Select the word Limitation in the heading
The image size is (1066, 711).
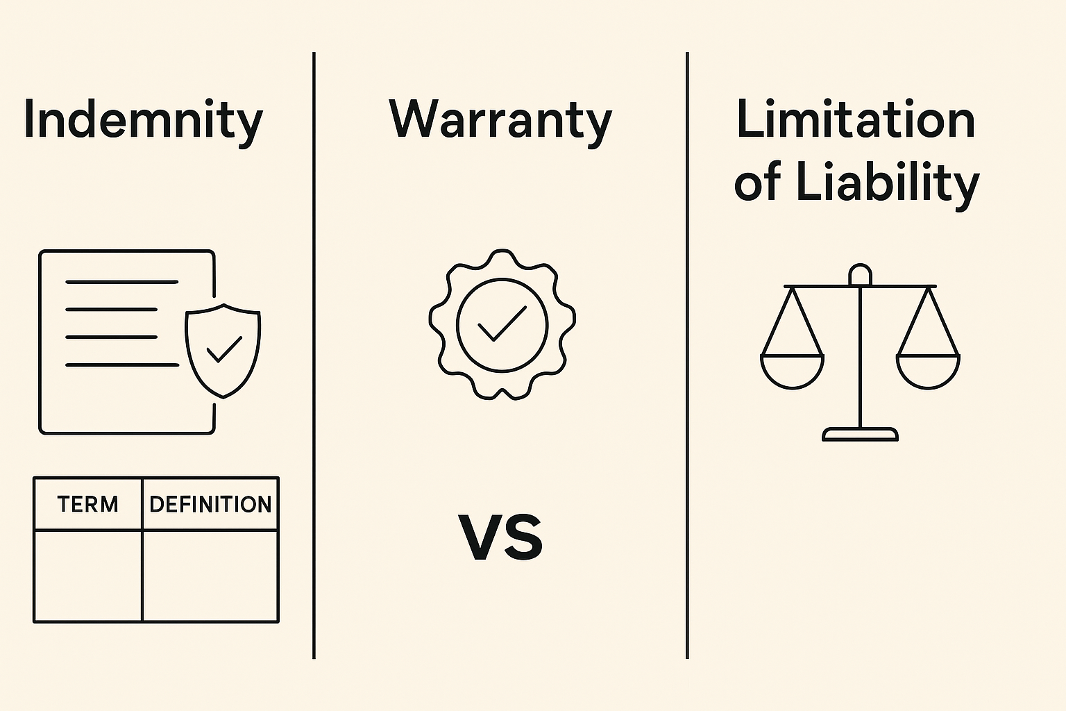coord(856,119)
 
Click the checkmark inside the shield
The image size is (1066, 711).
coord(224,349)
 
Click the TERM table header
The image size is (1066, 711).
coord(88,504)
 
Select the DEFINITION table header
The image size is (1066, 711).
coord(210,504)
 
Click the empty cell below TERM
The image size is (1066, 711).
coord(89,576)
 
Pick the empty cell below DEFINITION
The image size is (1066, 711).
coord(210,576)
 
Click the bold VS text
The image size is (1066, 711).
coord(500,537)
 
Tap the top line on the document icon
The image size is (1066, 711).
coord(122,282)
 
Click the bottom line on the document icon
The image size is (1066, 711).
coord(122,365)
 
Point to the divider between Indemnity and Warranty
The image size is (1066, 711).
coord(314,355)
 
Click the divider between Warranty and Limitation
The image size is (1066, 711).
coord(688,355)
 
